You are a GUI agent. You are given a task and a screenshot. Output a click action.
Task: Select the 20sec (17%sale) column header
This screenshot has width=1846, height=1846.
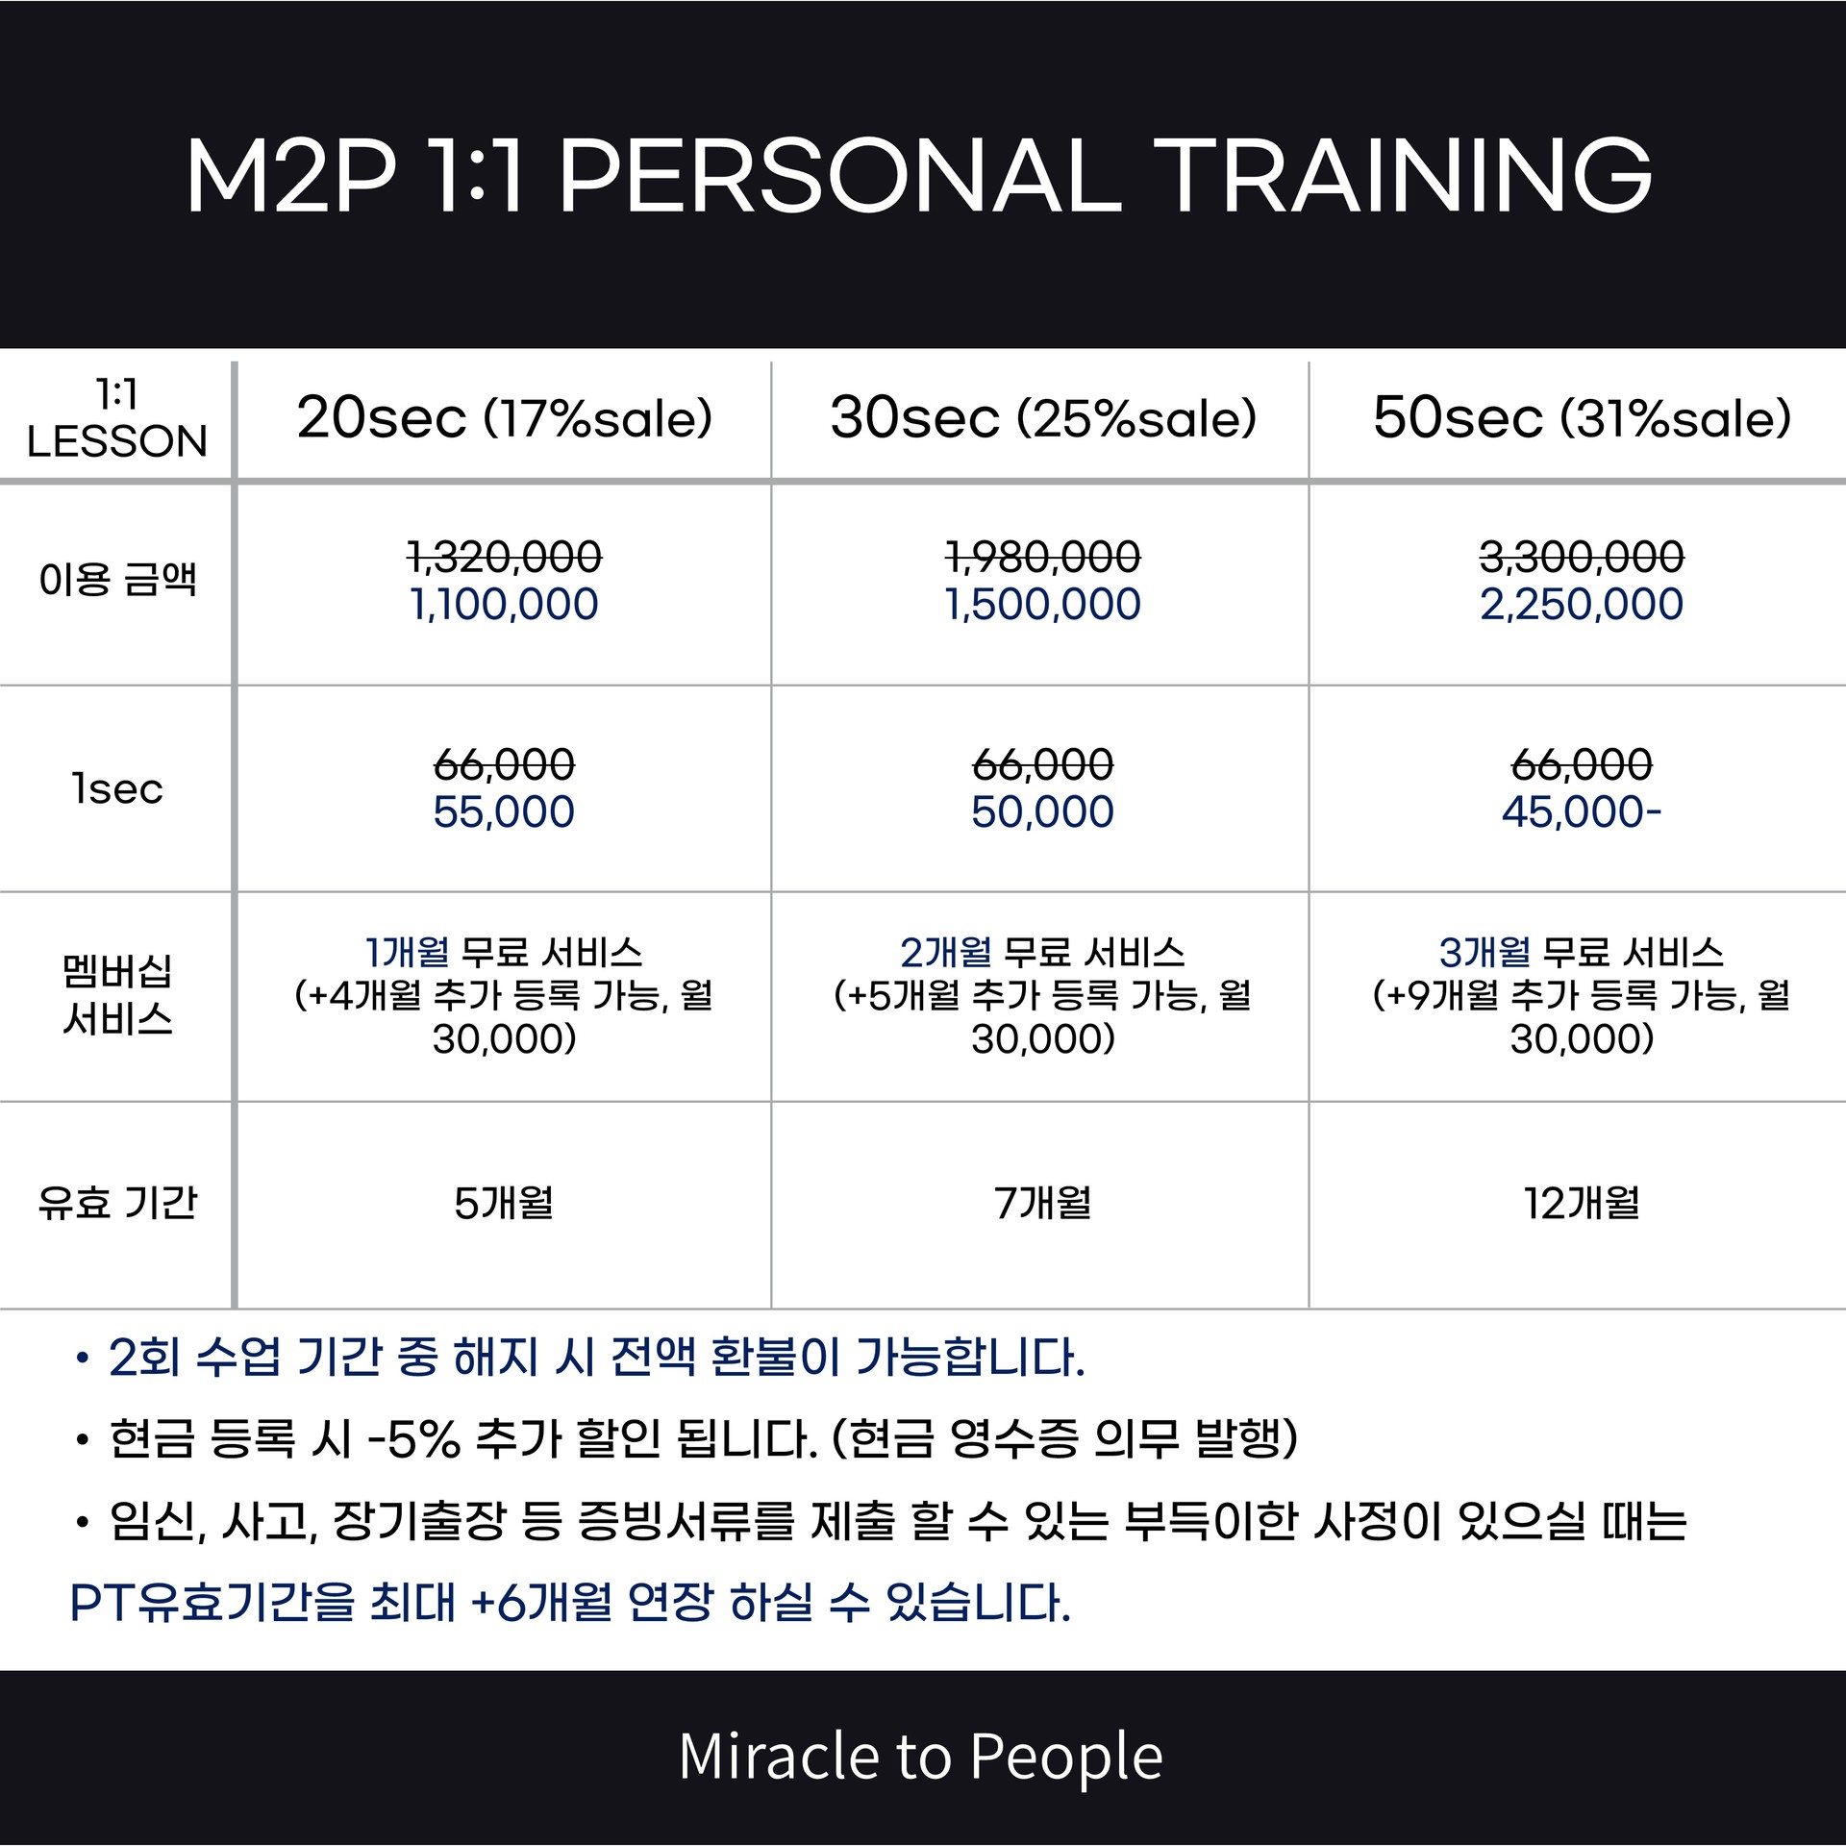click(x=504, y=417)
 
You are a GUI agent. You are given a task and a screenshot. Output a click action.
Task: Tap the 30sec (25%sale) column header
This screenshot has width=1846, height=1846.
click(x=1043, y=417)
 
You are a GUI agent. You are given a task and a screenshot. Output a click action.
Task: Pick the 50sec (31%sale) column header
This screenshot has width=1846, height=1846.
click(x=1582, y=417)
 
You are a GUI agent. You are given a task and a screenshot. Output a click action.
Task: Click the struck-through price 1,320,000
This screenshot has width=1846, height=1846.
click(x=505, y=557)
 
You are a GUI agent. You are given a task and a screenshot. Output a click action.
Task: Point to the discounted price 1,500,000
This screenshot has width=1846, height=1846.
click(x=1043, y=604)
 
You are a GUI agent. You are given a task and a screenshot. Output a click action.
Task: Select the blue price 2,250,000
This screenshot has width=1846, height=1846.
click(x=1582, y=604)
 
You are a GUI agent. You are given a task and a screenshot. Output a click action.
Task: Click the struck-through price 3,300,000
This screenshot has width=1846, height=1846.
click(x=1582, y=557)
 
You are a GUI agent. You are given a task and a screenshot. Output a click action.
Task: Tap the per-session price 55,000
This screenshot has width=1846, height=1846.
click(x=504, y=811)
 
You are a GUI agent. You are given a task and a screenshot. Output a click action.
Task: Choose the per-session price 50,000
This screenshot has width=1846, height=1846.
click(x=1043, y=811)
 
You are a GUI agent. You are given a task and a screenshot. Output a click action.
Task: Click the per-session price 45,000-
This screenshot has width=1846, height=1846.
click(x=1582, y=811)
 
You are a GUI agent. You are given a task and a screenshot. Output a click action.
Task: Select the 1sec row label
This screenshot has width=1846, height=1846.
click(x=117, y=789)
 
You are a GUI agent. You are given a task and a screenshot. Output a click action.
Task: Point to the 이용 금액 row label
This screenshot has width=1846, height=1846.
click(x=117, y=579)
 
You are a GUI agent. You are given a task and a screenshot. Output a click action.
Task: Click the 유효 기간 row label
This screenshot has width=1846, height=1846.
click(x=117, y=1202)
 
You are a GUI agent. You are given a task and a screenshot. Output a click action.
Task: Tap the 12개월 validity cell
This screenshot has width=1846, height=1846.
click(x=1582, y=1203)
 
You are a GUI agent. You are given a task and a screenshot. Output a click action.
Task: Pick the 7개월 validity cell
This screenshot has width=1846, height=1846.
click(x=1043, y=1203)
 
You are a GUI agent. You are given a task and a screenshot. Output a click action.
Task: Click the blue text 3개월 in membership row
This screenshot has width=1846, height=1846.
click(x=1484, y=952)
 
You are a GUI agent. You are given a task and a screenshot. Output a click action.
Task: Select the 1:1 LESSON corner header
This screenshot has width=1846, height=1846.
click(x=117, y=417)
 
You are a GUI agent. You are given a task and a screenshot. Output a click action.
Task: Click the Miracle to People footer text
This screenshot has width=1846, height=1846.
click(x=921, y=1757)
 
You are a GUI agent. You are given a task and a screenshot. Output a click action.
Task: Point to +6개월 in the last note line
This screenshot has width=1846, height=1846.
click(x=541, y=1603)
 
